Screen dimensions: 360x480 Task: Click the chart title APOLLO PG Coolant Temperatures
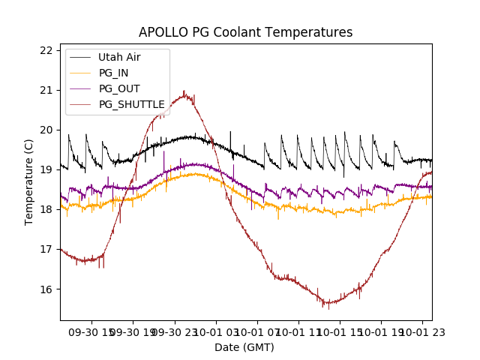pos(245,33)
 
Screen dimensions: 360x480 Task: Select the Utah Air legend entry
pos(119,57)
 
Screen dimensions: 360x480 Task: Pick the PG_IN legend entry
pos(114,73)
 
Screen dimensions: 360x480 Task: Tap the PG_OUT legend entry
pos(119,88)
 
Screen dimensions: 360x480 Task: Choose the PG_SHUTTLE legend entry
pos(131,104)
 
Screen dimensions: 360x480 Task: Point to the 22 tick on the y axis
pos(46,50)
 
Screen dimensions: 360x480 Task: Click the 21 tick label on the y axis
pos(46,90)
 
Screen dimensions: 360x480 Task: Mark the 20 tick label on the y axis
pos(46,130)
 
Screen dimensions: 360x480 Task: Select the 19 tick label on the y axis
pos(46,169)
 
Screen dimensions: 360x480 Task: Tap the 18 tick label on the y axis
pos(46,209)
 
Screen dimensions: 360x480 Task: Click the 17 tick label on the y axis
pos(46,249)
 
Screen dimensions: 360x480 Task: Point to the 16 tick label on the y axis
pos(46,289)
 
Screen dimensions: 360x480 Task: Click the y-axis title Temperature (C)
pos(29,181)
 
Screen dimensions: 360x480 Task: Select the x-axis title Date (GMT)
pos(244,347)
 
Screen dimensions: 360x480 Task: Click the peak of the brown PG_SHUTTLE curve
pos(184,93)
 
